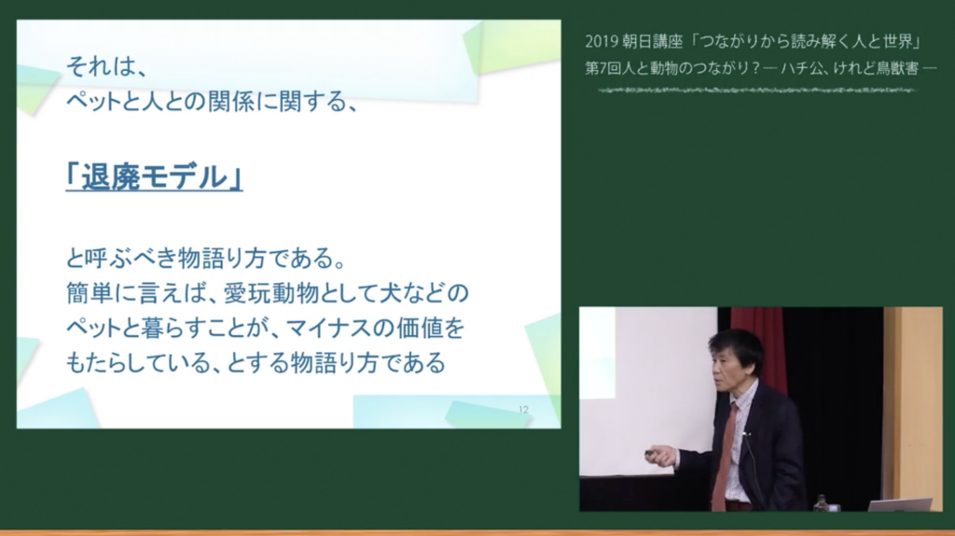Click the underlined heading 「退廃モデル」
click(154, 177)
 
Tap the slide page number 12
click(524, 410)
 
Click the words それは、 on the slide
click(107, 66)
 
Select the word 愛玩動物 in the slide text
click(271, 293)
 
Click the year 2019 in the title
click(602, 41)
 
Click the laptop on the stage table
click(900, 505)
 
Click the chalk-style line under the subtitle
click(755, 91)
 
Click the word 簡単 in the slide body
click(90, 293)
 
